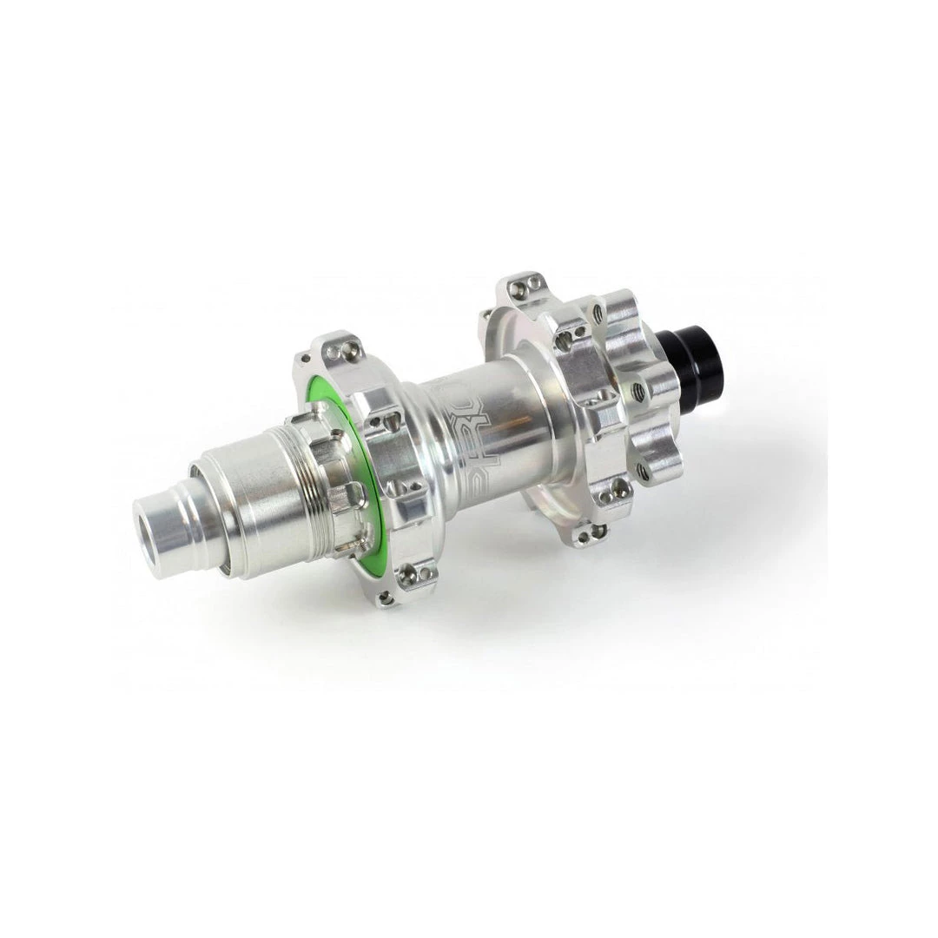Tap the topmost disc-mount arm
pos(599,309)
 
